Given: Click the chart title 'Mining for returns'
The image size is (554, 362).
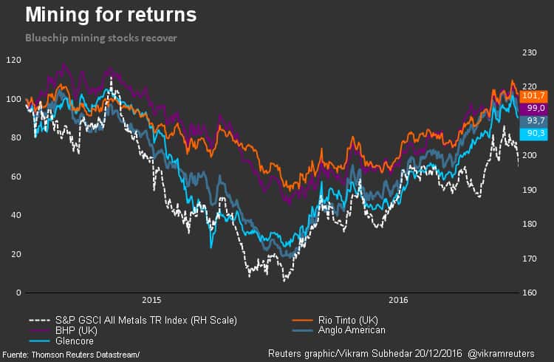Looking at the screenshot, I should point(111,15).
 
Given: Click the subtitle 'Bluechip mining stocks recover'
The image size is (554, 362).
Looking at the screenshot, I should point(100,37).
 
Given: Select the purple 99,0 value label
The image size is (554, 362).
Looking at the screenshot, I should point(533,108).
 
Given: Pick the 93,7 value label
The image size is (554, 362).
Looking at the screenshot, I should point(533,120).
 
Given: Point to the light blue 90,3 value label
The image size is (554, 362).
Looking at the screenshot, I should point(533,133).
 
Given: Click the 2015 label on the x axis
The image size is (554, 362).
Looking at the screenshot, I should point(151,301).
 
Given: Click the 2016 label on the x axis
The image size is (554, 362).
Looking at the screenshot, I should point(399,301).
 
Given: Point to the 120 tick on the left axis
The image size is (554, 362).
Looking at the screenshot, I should point(13,60).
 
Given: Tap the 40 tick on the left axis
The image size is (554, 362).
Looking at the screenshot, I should point(16,215).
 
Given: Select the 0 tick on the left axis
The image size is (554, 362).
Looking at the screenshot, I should point(18,293).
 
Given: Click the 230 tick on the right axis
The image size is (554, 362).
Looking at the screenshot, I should point(530,53).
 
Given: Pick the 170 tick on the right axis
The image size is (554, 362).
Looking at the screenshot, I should point(530,259).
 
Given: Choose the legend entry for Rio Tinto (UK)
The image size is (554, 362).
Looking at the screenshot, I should point(348,320).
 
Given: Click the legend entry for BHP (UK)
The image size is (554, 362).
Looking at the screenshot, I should point(78,330).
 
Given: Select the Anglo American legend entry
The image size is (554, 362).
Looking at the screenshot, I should point(352,330).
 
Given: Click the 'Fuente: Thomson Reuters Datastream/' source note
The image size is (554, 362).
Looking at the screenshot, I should point(71,355).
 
